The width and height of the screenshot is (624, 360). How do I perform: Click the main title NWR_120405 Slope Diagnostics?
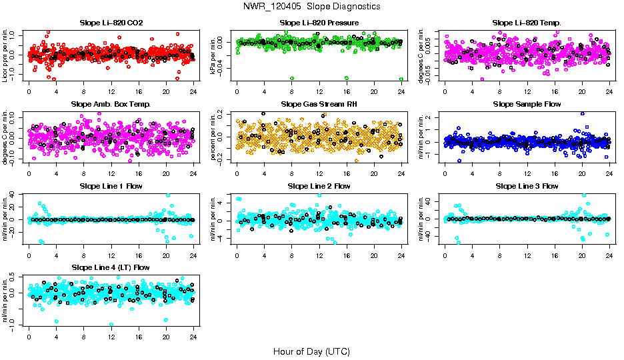(x=312, y=6)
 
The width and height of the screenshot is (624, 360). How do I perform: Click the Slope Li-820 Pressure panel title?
(x=319, y=23)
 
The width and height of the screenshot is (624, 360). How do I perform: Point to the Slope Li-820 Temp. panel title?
(x=527, y=23)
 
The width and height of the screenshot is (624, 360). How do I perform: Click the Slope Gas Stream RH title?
(x=319, y=104)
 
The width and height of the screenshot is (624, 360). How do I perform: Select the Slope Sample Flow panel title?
(x=527, y=104)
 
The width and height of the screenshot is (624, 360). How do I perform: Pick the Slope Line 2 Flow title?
(x=319, y=186)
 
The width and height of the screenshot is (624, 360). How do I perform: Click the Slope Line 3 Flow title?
(x=527, y=186)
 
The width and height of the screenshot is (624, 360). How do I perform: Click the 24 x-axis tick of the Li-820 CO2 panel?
(x=193, y=91)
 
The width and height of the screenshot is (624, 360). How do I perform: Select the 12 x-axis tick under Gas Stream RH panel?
(x=319, y=173)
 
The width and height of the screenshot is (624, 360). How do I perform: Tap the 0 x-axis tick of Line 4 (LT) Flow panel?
(x=29, y=336)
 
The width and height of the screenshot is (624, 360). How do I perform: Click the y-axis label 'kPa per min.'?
(x=214, y=55)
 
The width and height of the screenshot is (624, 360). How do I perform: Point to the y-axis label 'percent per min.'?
(x=214, y=137)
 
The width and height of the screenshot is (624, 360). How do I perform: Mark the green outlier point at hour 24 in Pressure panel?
(x=401, y=79)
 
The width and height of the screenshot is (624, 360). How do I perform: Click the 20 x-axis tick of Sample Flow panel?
(x=581, y=173)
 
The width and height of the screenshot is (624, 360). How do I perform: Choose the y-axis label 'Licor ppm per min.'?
(x=6, y=55)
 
